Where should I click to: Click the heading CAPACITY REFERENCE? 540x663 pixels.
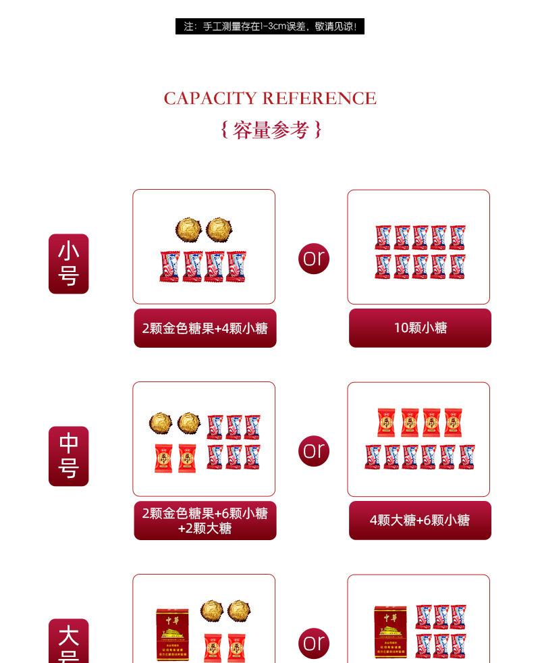coord(270,99)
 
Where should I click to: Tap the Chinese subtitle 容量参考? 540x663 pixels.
coord(271,130)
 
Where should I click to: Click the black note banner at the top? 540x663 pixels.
coord(270,26)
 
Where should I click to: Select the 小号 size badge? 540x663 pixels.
coord(68,264)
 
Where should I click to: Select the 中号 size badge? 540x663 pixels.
coord(68,456)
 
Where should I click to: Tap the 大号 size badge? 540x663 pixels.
coord(68,641)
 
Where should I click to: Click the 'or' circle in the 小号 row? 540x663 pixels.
coord(314,258)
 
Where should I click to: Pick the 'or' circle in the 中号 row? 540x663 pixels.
coord(314,450)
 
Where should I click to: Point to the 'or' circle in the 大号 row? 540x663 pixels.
coord(314,642)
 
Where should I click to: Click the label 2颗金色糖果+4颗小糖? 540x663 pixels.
coord(205,329)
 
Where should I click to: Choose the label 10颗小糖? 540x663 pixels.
coord(420,328)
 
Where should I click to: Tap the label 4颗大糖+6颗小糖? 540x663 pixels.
coord(420,521)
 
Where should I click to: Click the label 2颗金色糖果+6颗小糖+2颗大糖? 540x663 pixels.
coord(205,521)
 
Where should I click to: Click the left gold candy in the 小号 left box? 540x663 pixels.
coord(188,230)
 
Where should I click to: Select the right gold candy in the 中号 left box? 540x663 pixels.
coord(189,423)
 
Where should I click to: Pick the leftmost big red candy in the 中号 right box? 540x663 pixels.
coord(386,423)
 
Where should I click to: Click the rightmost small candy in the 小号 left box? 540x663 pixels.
coord(236,266)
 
